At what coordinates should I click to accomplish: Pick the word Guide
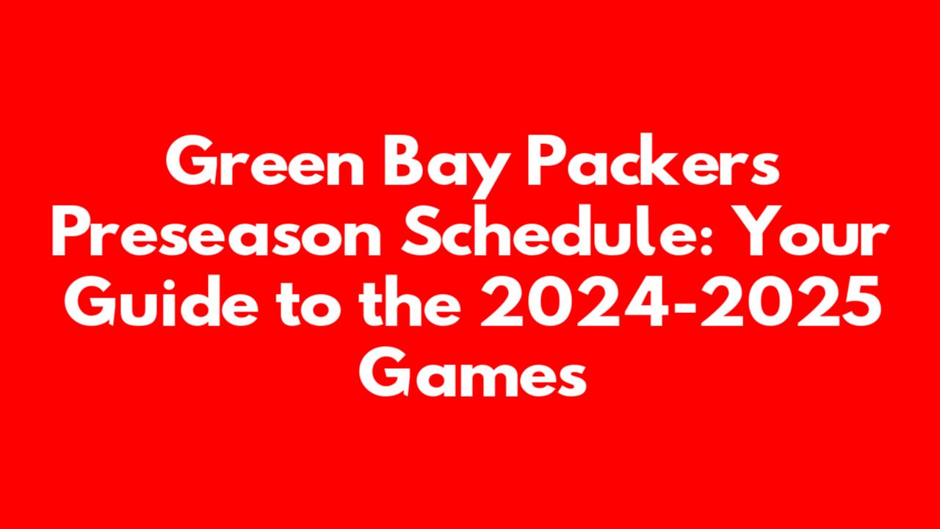[x=161, y=301]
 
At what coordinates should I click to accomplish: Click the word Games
[x=472, y=372]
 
